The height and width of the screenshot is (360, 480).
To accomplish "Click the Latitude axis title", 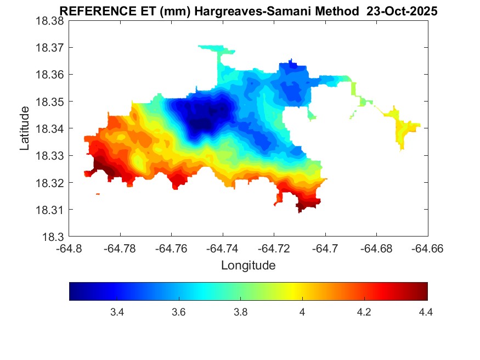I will (x=25, y=128).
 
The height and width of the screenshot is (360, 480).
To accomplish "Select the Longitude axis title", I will (x=248, y=266).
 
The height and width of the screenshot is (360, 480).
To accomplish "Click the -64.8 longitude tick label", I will (x=69, y=249).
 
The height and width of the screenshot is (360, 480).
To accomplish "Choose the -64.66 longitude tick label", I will (x=428, y=249).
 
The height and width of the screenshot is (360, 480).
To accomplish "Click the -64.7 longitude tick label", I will (x=326, y=249).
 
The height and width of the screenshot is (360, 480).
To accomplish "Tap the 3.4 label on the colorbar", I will (x=117, y=312).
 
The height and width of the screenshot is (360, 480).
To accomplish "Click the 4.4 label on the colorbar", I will (x=426, y=312).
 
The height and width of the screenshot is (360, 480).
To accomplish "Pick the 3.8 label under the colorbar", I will (x=240, y=312).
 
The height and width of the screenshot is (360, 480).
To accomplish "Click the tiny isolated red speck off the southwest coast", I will (x=98, y=194).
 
